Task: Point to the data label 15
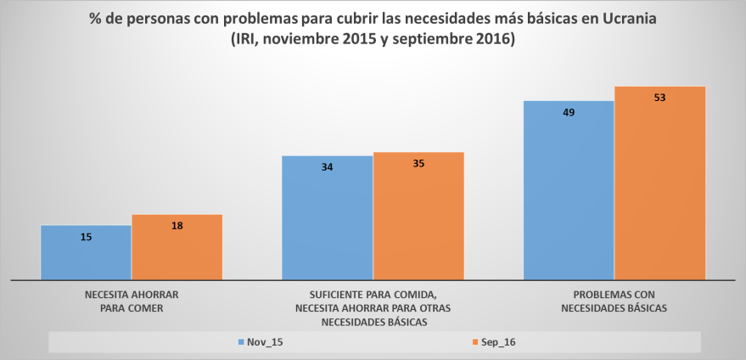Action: tap(86, 237)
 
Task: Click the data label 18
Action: tap(177, 226)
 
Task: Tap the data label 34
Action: tap(327, 167)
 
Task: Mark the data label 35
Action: tap(418, 163)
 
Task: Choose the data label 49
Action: tap(569, 112)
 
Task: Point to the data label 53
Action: tap(659, 98)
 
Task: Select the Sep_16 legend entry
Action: tap(493, 342)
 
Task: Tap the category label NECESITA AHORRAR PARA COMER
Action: tap(132, 301)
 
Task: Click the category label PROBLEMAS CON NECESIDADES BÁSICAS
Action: tap(614, 301)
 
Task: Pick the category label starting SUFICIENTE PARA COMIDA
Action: tap(373, 307)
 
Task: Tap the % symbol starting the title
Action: tap(96, 20)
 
